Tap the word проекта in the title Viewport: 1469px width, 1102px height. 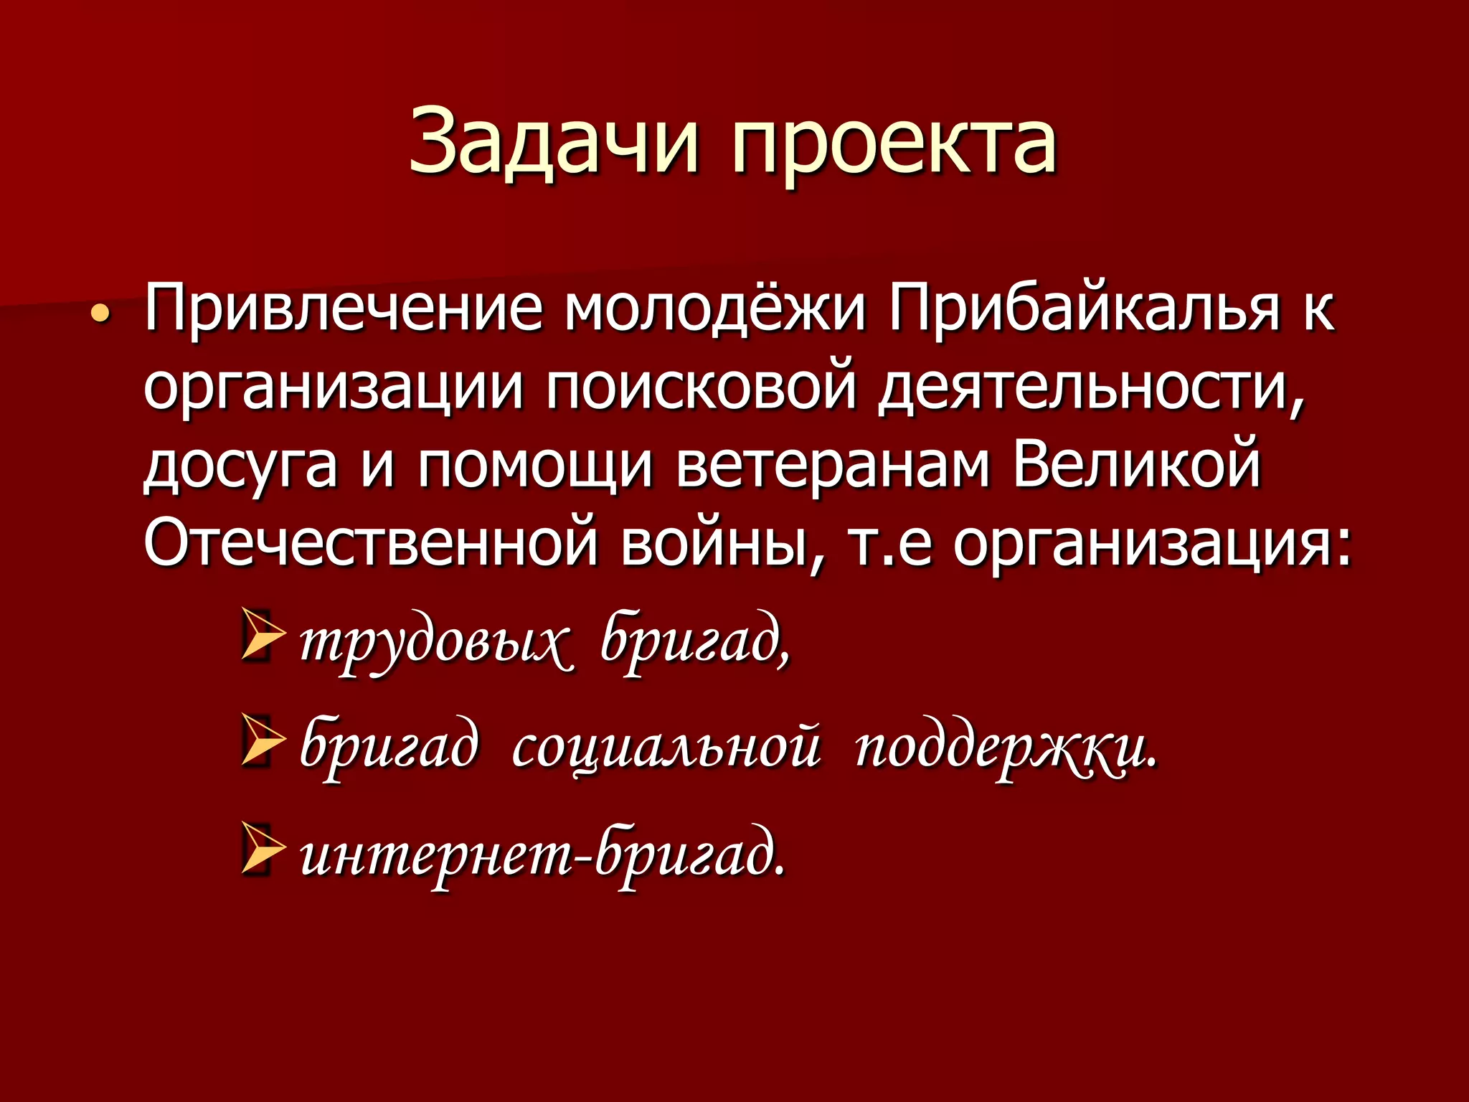point(894,146)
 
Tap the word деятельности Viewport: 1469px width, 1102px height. point(1090,391)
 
